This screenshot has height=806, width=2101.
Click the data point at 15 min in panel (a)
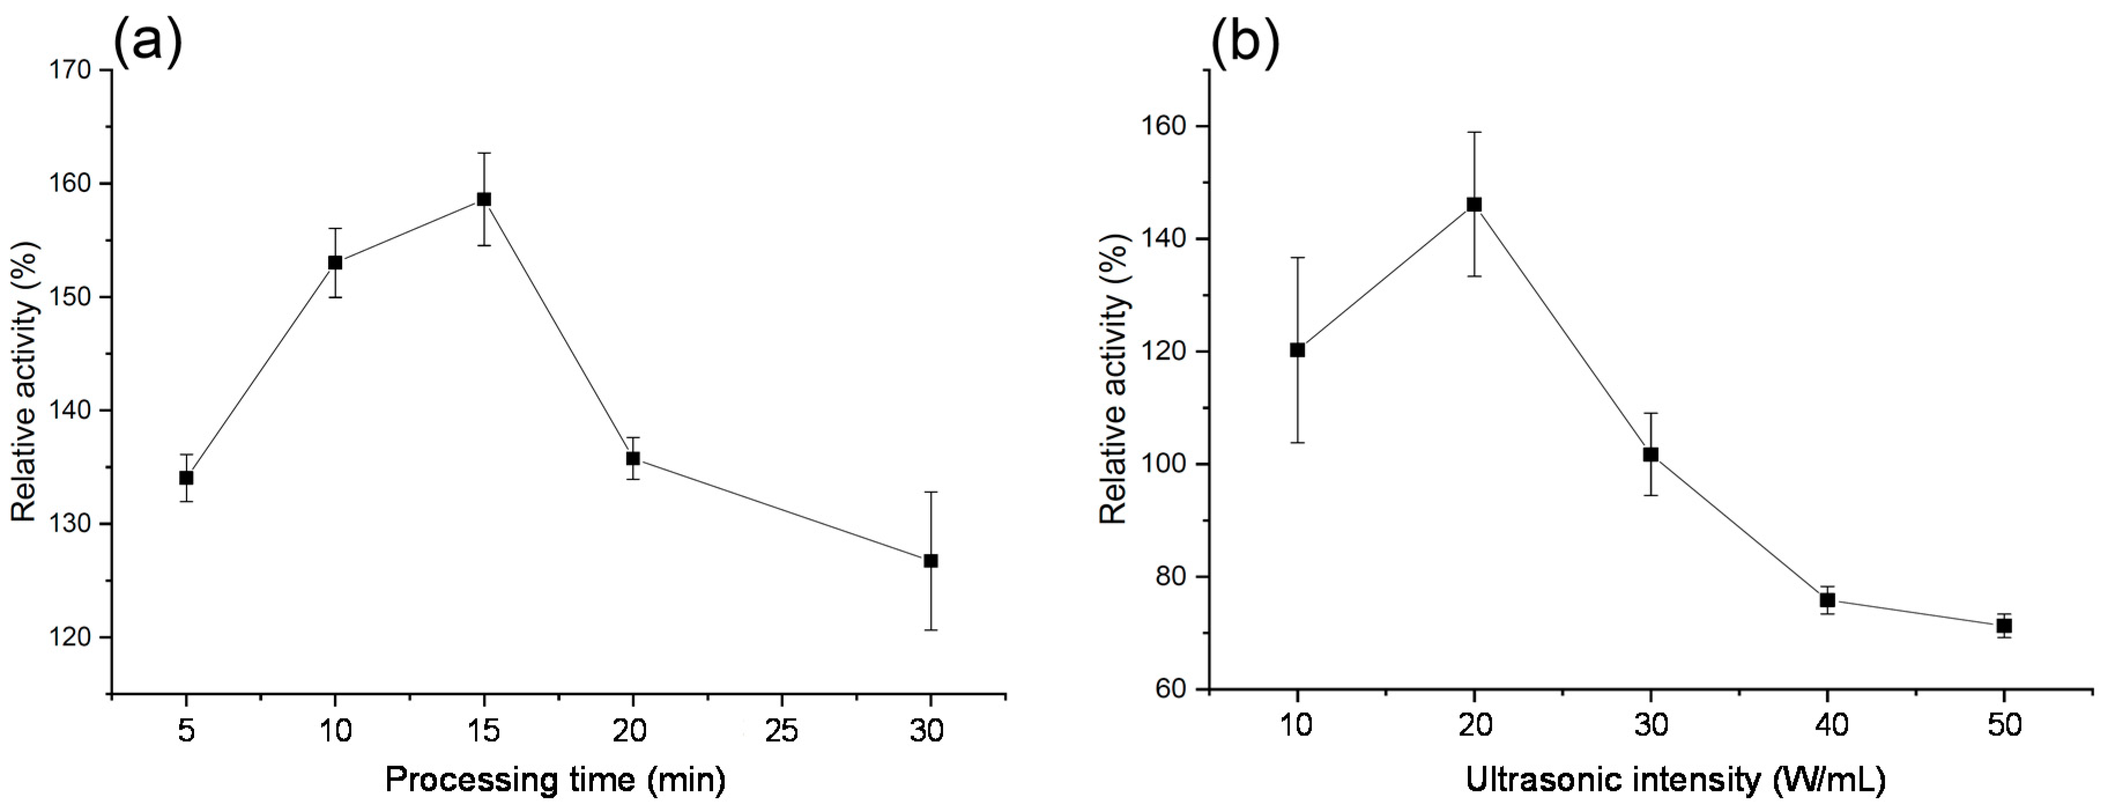pos(484,199)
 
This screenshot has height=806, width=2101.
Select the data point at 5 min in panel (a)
pos(186,477)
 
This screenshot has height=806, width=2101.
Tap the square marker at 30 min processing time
pos(931,560)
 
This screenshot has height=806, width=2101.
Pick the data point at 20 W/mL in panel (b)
pos(1474,204)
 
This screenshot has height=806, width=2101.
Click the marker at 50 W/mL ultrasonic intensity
pos(2004,626)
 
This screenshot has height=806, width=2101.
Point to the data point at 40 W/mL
pos(1828,600)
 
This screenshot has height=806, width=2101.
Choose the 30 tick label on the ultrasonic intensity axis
pos(1651,725)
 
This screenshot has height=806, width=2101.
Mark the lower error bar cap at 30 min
pos(931,630)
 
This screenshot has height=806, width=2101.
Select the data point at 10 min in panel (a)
pos(335,262)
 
